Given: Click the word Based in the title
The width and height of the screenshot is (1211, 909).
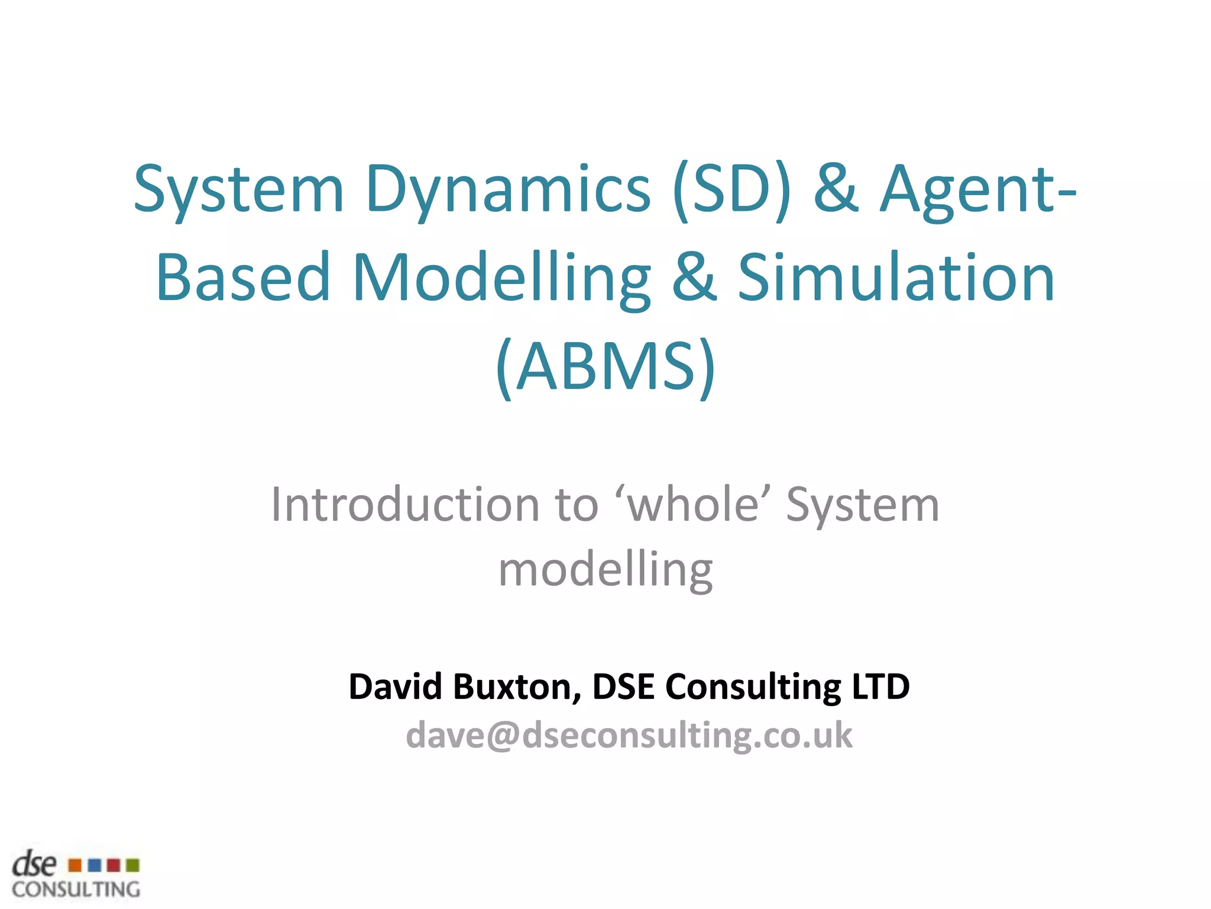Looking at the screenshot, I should click(x=243, y=277).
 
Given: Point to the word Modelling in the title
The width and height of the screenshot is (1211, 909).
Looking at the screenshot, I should click(x=501, y=277).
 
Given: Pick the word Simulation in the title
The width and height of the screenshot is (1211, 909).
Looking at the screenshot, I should click(x=896, y=277).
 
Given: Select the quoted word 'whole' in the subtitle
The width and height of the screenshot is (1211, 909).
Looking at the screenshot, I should click(x=693, y=505).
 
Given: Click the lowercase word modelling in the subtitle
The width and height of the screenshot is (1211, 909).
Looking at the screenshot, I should click(x=605, y=569).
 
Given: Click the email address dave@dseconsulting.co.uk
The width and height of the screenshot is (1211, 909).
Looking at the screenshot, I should click(x=629, y=736).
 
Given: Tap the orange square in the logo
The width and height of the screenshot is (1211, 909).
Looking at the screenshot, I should click(x=75, y=865).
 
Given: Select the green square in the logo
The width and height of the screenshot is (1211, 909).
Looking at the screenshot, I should click(x=133, y=865).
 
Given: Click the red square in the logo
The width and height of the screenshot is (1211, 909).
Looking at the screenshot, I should click(x=114, y=865).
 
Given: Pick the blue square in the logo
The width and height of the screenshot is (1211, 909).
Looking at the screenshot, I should click(x=94, y=865).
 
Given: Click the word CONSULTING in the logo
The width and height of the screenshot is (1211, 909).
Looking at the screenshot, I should click(x=76, y=889).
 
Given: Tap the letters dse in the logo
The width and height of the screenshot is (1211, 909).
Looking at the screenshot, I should click(x=34, y=865).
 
